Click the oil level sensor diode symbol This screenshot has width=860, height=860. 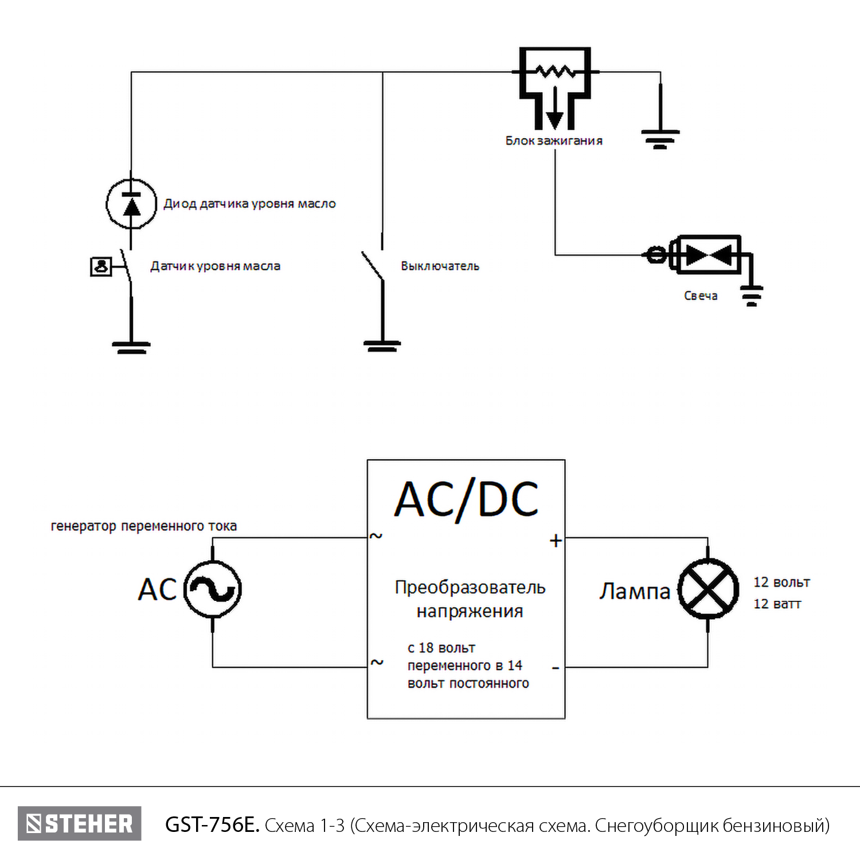point(131,204)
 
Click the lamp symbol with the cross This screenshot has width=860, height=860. point(708,589)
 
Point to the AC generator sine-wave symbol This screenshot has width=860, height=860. point(213,589)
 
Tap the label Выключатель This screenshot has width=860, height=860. point(440,266)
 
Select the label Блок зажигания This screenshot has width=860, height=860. point(554,141)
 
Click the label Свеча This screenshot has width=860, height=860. point(701,296)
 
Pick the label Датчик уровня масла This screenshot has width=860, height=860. point(215,266)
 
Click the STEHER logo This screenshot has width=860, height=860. point(80,824)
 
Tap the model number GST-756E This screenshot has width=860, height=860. point(212,825)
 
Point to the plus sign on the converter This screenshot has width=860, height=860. point(556,541)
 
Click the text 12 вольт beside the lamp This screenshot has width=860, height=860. point(781,583)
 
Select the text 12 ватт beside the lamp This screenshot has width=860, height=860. point(777,604)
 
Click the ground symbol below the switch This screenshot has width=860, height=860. point(382,345)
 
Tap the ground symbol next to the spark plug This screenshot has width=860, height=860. point(752,295)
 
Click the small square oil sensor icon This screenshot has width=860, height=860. point(101,267)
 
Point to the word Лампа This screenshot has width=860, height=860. point(635,591)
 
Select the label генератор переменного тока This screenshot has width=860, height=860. point(144,526)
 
